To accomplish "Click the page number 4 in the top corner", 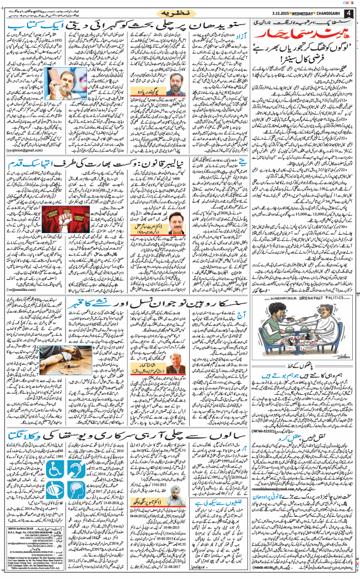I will [348, 11].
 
